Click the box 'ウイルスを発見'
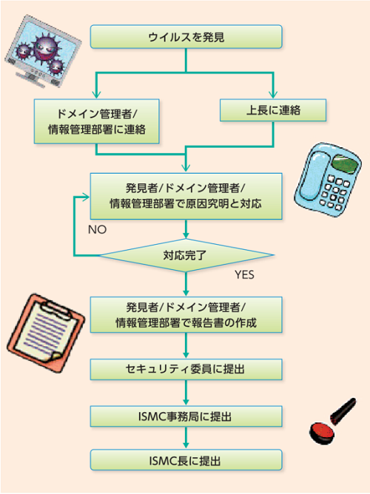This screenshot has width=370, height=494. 186,36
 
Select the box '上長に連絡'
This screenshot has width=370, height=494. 273,110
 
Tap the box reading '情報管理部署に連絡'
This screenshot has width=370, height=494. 96,121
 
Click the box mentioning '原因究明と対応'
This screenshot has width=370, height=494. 186,196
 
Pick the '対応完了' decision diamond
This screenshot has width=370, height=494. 186,255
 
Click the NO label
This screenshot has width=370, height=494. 98,230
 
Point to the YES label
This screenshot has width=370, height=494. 244,274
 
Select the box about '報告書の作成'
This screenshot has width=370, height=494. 186,315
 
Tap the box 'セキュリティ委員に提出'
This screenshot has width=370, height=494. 186,369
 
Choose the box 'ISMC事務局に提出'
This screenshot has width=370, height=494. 186,416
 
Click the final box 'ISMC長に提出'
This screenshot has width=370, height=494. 186,460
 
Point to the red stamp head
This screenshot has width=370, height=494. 321,433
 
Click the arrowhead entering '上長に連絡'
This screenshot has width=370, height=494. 273,95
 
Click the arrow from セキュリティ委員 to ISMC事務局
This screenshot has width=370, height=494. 186,393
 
